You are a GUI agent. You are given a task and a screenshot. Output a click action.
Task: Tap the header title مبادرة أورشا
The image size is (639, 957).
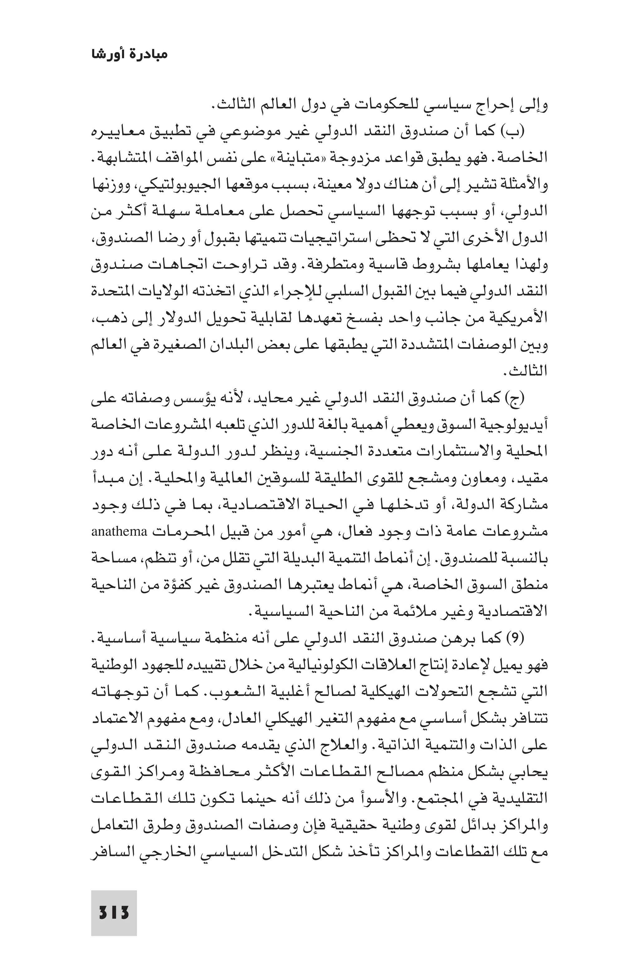[129, 54]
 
